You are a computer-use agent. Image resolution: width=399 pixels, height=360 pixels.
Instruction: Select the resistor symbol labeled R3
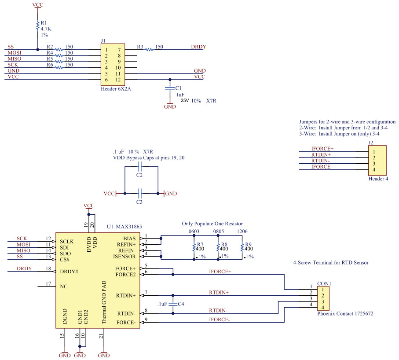150,50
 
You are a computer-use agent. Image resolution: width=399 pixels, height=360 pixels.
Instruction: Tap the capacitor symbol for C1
169,88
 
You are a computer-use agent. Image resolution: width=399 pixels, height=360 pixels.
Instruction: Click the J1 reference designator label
103,40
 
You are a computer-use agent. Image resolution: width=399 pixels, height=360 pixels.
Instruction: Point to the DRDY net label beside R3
198,47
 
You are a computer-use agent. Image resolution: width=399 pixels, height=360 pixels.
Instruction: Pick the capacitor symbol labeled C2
140,167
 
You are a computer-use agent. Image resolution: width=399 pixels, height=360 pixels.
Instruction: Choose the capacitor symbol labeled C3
140,193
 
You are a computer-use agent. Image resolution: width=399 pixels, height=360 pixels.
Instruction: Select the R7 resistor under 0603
194,248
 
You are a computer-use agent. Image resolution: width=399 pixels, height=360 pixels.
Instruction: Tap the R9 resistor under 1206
242,248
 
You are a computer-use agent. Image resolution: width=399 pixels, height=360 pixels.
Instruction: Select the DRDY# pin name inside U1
69,271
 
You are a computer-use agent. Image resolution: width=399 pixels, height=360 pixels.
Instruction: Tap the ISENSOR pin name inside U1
127,256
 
